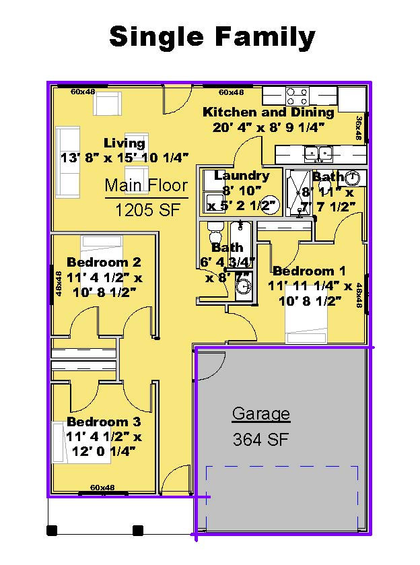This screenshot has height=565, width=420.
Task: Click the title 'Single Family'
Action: click(211, 37)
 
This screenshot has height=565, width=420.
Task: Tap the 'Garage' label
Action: click(261, 413)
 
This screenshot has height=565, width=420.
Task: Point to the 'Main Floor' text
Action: click(146, 185)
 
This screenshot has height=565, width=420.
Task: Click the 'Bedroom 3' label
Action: click(104, 422)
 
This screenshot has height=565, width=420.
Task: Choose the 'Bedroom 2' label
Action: click(104, 262)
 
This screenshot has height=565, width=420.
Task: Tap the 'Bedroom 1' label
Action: click(309, 271)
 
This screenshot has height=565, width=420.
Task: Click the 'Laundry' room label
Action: click(242, 176)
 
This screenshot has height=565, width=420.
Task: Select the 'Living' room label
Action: click(125, 143)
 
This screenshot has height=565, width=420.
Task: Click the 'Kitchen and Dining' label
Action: click(269, 112)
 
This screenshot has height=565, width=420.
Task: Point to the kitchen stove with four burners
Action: click(297, 95)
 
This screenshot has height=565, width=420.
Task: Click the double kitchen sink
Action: click(317, 154)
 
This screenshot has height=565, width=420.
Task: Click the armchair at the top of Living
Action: click(106, 103)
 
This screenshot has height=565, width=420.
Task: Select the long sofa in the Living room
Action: click(69, 160)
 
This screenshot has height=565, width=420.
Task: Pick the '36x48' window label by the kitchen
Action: click(359, 128)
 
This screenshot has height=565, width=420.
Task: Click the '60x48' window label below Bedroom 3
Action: click(102, 488)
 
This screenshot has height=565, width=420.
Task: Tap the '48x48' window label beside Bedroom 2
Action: click(59, 284)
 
